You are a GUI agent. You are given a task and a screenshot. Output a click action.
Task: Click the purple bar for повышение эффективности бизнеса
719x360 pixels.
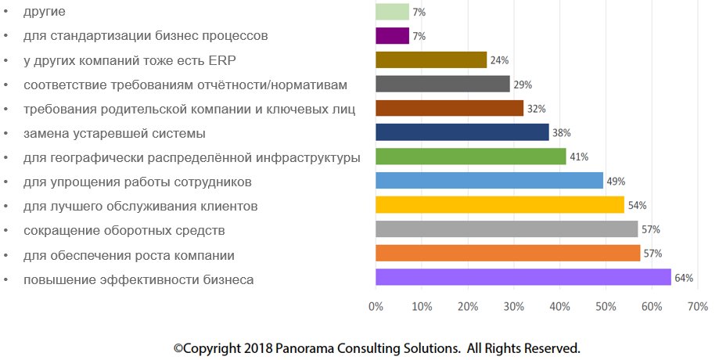(523, 277)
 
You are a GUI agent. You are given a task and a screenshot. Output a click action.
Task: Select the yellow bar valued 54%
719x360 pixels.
(500, 205)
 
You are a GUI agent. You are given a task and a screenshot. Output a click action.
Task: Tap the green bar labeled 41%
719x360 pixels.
(470, 157)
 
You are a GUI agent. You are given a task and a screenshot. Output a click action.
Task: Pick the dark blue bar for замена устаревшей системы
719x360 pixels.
(462, 132)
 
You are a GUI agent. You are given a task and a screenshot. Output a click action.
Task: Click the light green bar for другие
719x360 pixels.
(392, 12)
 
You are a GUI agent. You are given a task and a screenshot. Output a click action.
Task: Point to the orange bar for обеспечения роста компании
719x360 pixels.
(508, 253)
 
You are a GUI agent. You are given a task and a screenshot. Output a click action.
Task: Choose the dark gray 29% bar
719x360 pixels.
(443, 84)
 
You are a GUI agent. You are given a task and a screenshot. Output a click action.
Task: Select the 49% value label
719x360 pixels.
(616, 182)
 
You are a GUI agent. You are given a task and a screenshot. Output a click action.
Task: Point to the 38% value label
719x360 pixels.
(561, 133)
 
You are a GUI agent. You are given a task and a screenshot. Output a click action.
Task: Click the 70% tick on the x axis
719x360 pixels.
(697, 306)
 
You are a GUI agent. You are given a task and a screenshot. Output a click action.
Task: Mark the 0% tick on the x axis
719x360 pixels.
(376, 306)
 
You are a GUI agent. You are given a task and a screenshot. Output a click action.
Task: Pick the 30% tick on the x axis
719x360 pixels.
(513, 306)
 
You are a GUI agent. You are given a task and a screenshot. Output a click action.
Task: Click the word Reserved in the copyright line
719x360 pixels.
(548, 347)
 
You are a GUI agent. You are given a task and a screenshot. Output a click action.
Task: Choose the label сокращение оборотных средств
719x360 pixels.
(124, 231)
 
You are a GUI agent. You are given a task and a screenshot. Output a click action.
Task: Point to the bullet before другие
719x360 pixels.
(6, 12)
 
